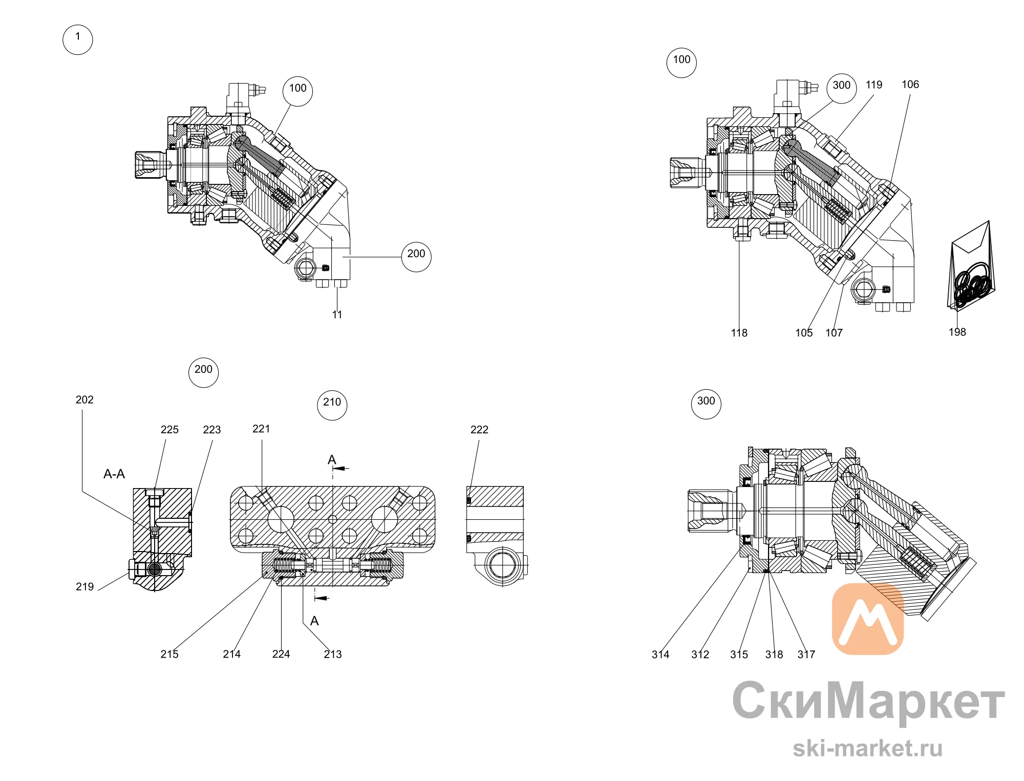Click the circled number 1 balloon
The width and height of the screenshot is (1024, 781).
coord(78,39)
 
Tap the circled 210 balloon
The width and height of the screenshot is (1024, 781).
coord(332,405)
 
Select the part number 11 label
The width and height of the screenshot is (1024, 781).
coord(337,314)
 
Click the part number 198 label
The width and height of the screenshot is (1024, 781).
coord(957,332)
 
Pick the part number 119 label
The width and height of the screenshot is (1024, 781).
coord(874,85)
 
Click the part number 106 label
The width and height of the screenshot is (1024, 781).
coord(910,85)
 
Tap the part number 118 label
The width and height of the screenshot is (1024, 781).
coord(739,333)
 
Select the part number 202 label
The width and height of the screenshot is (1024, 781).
coord(84,399)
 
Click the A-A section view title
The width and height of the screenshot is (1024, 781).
coord(114,474)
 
